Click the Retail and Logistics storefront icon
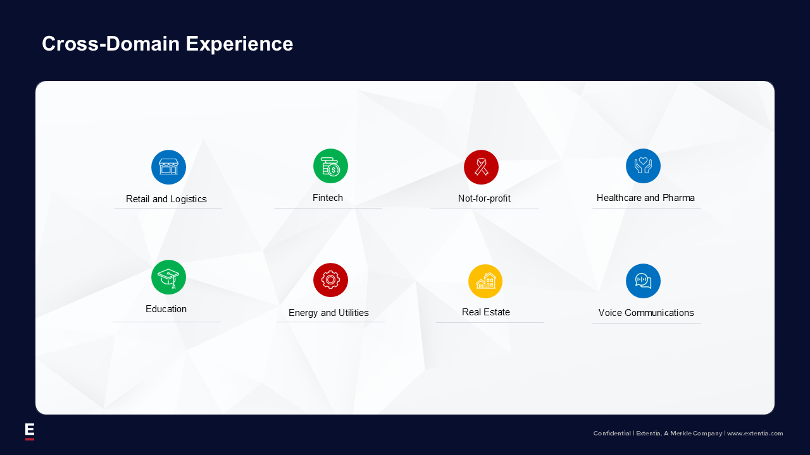point(168,167)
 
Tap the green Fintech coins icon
point(330,166)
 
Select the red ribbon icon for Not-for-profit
point(482,167)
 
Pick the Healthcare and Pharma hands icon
point(644,166)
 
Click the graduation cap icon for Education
point(168,277)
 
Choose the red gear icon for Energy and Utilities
point(330,280)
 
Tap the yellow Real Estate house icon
point(485,281)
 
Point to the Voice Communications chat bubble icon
point(644,281)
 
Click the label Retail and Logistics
point(166,199)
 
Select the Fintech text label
point(328,198)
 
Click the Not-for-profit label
point(484,198)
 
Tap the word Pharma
point(678,198)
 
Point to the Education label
point(166,309)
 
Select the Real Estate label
point(486,312)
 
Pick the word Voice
point(610,313)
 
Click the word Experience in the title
point(239,44)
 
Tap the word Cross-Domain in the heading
point(111,44)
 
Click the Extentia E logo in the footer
point(30,432)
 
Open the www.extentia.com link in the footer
point(755,434)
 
